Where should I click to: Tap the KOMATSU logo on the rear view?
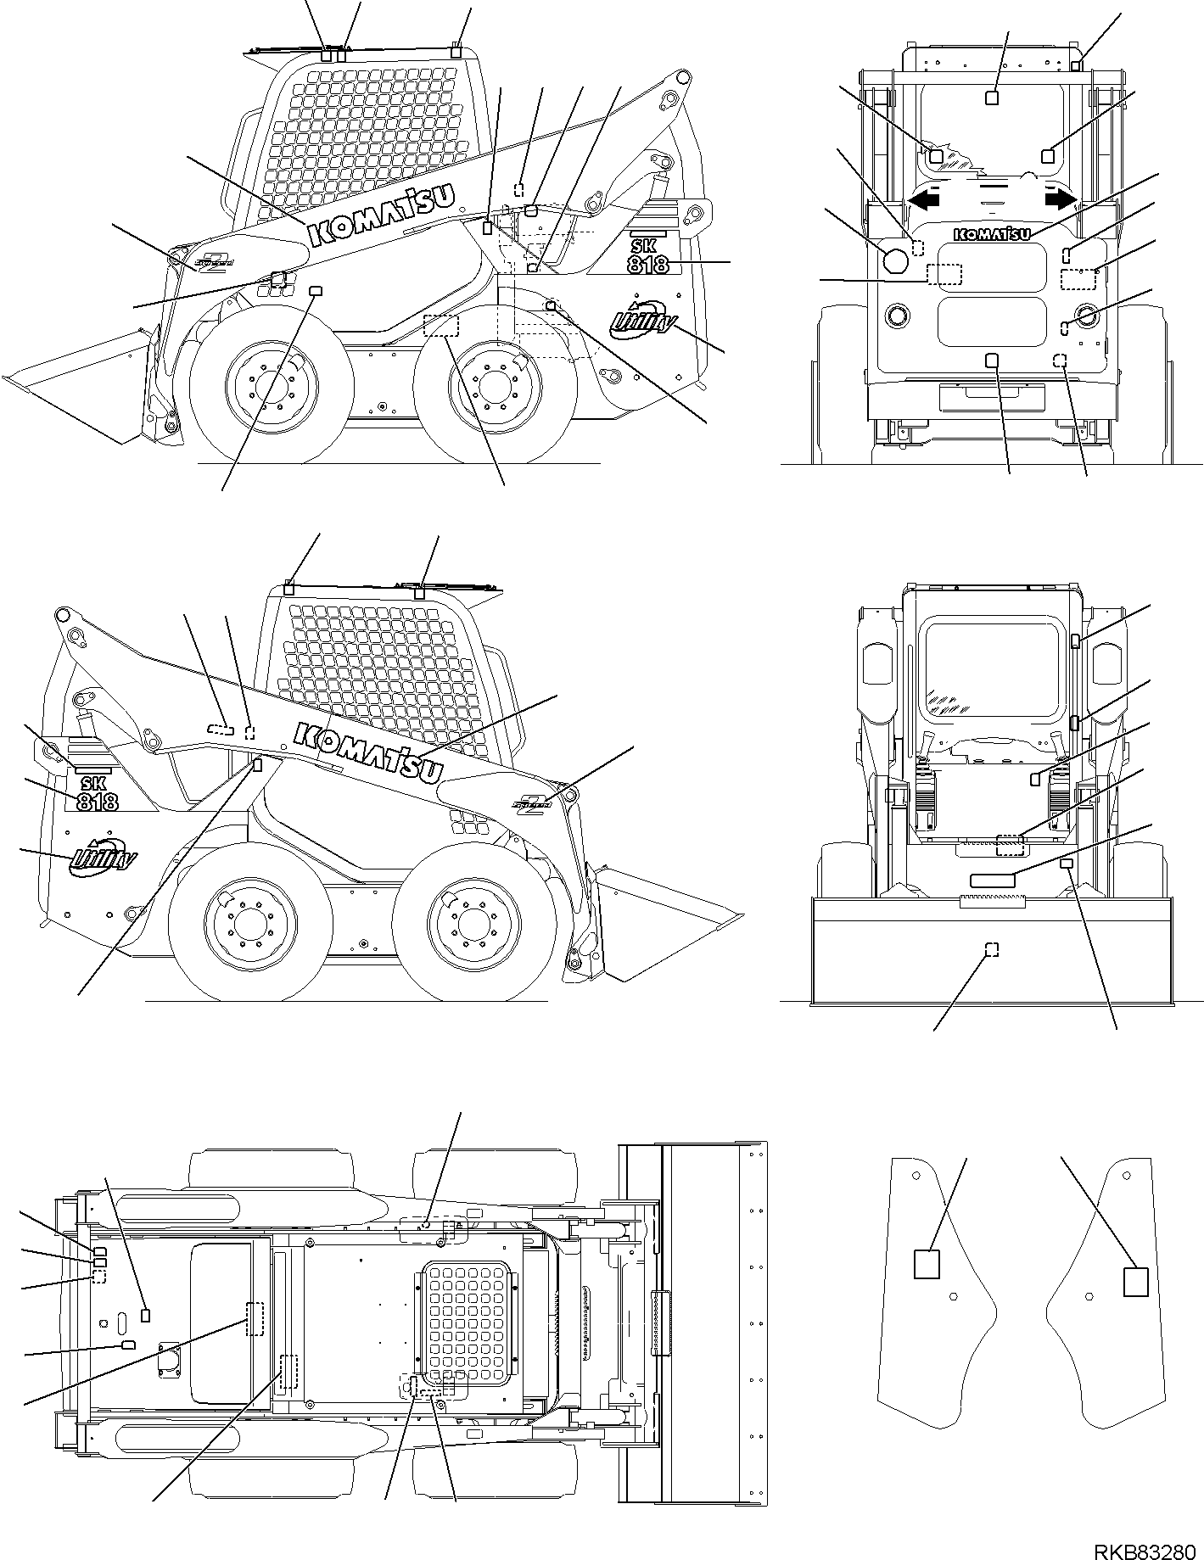(992, 232)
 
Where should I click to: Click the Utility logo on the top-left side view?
(643, 318)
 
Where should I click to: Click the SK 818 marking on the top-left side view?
(648, 257)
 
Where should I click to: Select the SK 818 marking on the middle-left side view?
(97, 793)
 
